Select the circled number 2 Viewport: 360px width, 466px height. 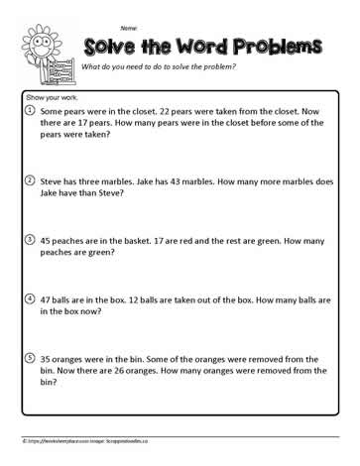click(30, 182)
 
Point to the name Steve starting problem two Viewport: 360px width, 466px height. click(54, 182)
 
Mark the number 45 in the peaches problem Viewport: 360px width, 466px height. click(47, 239)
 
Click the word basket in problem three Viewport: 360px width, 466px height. click(132, 239)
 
